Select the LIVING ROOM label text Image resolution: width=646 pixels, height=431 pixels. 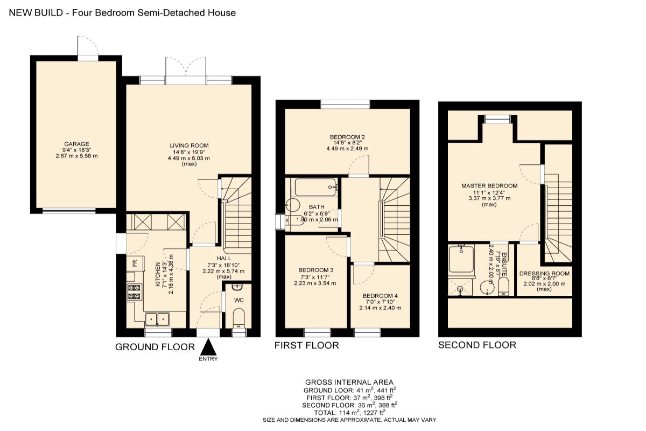click(x=189, y=145)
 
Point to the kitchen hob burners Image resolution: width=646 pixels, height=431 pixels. click(x=134, y=292)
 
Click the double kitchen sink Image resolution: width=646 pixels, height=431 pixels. click(x=157, y=319)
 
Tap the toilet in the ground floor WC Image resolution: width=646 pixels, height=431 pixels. click(x=238, y=318)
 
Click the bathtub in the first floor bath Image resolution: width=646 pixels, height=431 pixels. click(x=314, y=187)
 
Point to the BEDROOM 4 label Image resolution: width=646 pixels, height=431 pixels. click(x=380, y=296)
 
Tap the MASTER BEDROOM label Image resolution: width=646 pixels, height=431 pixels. click(x=489, y=186)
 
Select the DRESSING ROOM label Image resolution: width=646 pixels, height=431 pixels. click(x=544, y=274)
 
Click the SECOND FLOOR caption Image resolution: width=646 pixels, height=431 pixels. click(x=477, y=345)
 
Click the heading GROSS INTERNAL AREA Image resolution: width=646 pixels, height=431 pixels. click(x=349, y=382)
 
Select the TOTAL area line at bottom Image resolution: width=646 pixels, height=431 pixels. click(x=349, y=412)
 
